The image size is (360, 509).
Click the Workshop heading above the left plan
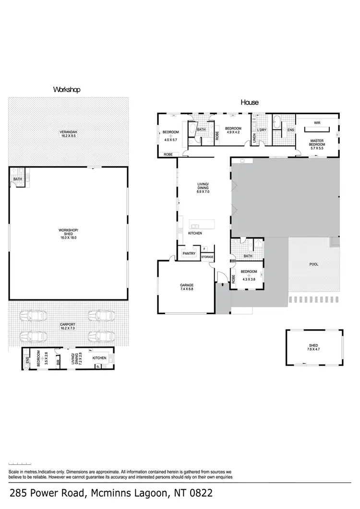point(66,90)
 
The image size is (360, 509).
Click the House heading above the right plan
point(249,102)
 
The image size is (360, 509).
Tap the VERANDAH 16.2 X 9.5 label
point(68,134)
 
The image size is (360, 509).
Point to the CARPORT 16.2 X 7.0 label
point(68,326)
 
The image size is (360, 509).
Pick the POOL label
point(313,264)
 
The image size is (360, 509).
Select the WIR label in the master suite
point(317,123)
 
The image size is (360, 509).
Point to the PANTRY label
point(189,253)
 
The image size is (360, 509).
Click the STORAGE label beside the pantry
point(207,257)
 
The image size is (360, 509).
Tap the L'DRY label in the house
point(262,130)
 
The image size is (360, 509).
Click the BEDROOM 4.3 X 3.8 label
point(250,274)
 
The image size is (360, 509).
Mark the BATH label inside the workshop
point(17,179)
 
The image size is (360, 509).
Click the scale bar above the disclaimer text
point(18,463)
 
